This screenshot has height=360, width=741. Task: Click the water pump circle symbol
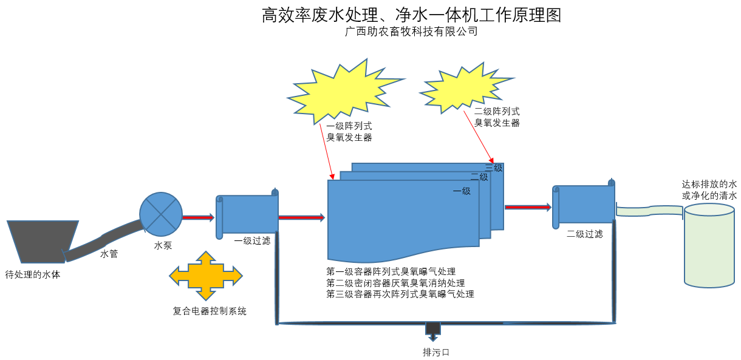(x=161, y=214)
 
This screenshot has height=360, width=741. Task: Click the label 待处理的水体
(x=33, y=274)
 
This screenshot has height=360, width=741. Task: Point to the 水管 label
(x=109, y=254)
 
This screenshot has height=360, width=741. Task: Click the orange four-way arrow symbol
(x=205, y=276)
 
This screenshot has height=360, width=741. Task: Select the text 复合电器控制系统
(x=210, y=311)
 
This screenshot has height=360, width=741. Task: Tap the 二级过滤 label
(x=585, y=234)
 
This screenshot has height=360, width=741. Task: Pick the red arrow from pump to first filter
(x=199, y=217)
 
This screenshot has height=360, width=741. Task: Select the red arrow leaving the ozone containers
(x=527, y=207)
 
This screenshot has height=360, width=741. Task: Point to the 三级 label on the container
(x=494, y=168)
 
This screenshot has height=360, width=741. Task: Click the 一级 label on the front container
(x=462, y=191)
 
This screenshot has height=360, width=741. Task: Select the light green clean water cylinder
(x=709, y=245)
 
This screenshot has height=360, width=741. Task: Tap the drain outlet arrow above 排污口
(x=432, y=331)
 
